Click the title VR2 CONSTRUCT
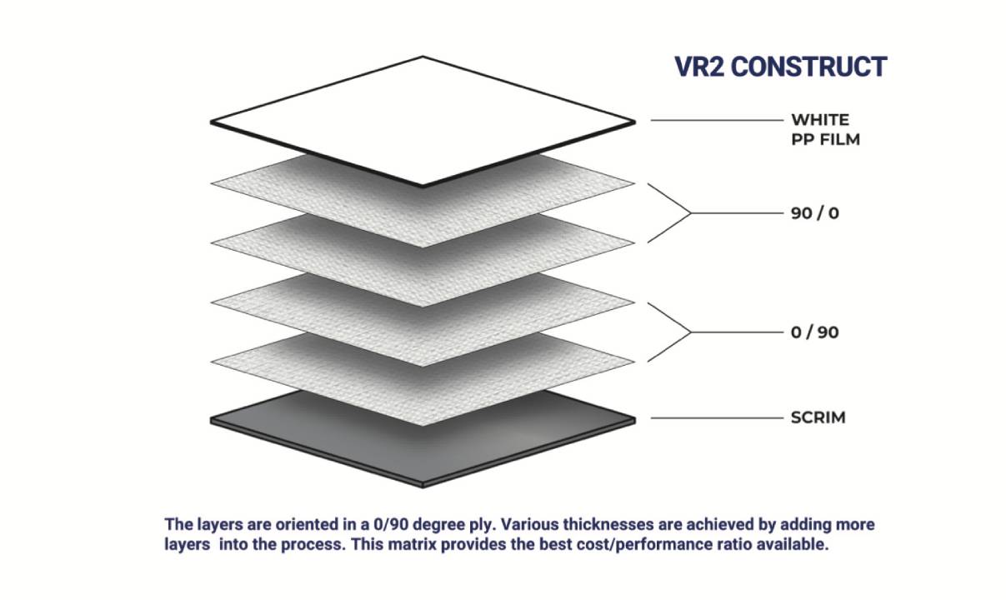tap(780, 67)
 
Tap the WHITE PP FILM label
tap(824, 129)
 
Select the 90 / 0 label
tap(814, 213)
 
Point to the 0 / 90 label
tap(814, 332)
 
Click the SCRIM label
tap(818, 417)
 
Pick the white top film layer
tap(423, 122)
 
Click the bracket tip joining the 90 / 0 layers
tap(691, 213)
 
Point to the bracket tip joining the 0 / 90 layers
tap(691, 332)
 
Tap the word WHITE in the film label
tap(820, 120)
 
